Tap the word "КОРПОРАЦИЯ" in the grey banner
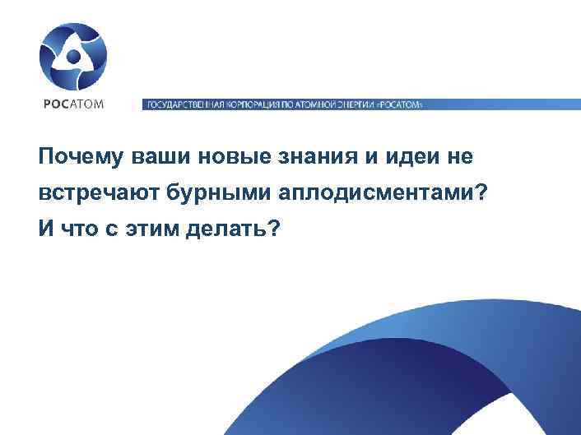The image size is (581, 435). pos(249,105)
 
